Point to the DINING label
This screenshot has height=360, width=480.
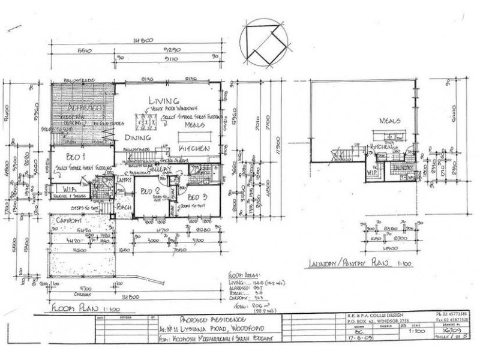point(137,136)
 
